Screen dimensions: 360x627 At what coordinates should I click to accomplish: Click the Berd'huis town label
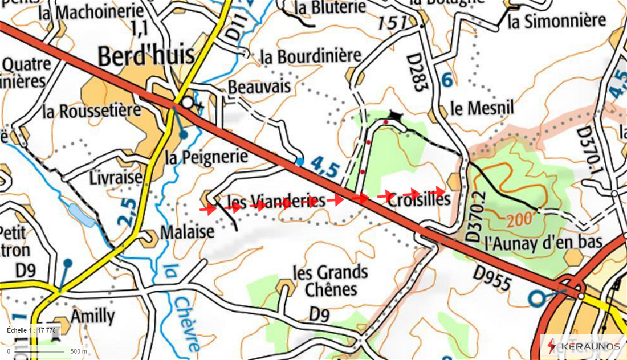pos(146,56)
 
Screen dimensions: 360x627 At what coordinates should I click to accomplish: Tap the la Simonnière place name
pos(556,21)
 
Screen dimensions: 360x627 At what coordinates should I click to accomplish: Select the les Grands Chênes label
pos(329,280)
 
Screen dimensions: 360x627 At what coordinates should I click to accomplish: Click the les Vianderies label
pos(276,201)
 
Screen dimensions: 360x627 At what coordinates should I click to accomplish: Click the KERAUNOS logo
pos(584,346)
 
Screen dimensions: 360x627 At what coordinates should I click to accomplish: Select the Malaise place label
pos(187,232)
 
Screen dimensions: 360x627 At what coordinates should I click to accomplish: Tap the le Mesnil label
pos(482,108)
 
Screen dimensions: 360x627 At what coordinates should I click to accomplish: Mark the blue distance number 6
pos(447,80)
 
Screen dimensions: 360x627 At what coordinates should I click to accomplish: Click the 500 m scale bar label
pos(78,351)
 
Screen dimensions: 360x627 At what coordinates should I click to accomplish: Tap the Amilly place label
pos(92,316)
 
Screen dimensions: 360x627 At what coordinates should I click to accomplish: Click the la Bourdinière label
pos(311,56)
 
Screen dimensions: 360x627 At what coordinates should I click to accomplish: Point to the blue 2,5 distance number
pos(129,212)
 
